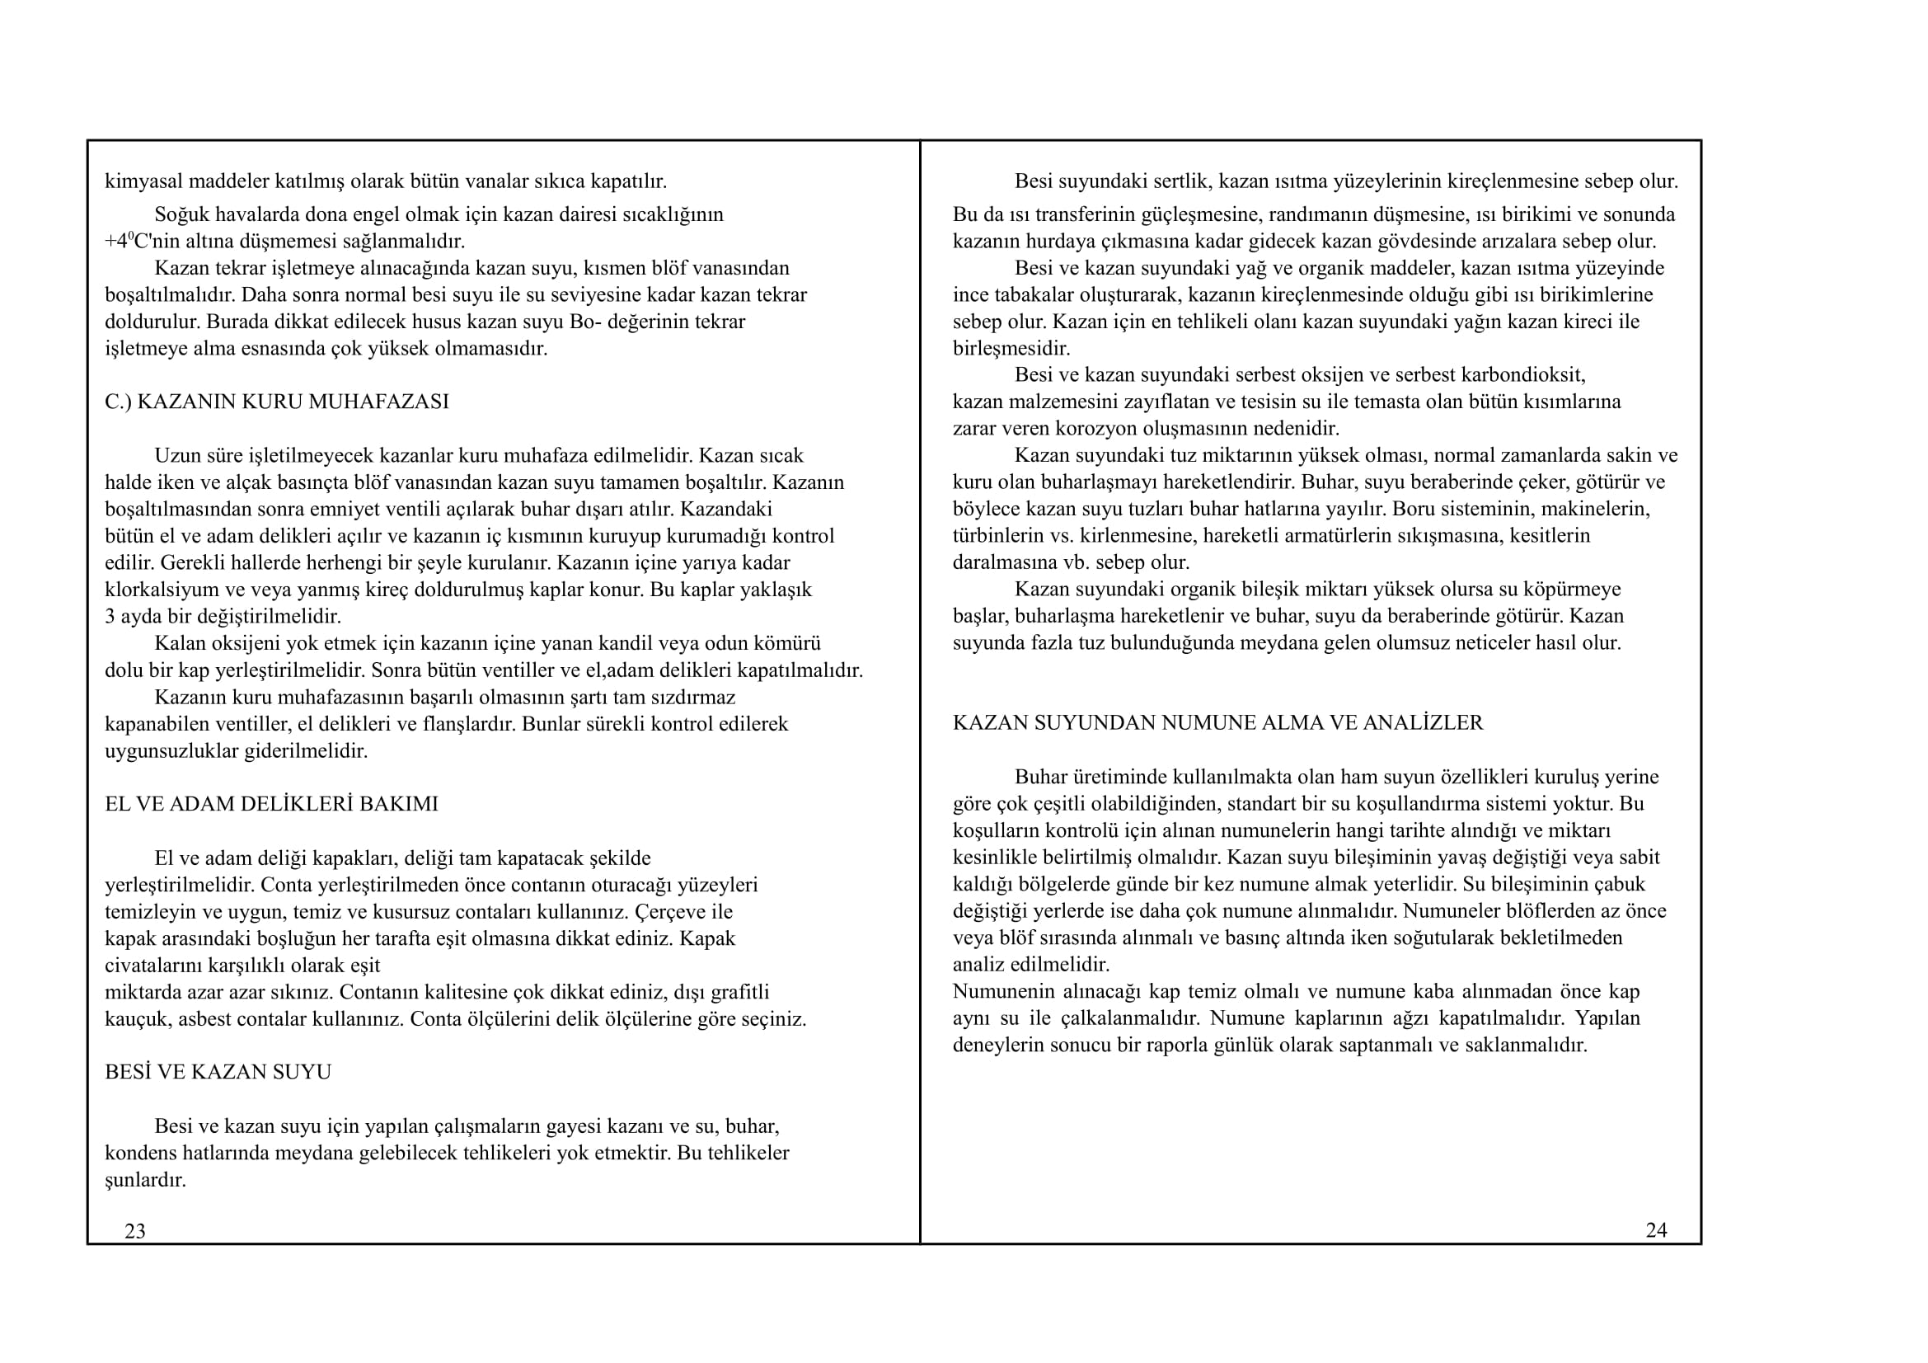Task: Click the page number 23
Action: (134, 1231)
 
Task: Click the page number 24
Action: (1656, 1230)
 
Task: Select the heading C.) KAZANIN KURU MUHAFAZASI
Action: (276, 402)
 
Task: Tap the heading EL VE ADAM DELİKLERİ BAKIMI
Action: (271, 804)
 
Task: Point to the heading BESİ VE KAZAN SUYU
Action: (218, 1072)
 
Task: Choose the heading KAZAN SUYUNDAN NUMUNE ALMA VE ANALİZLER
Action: (1217, 722)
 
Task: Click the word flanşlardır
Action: (466, 724)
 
